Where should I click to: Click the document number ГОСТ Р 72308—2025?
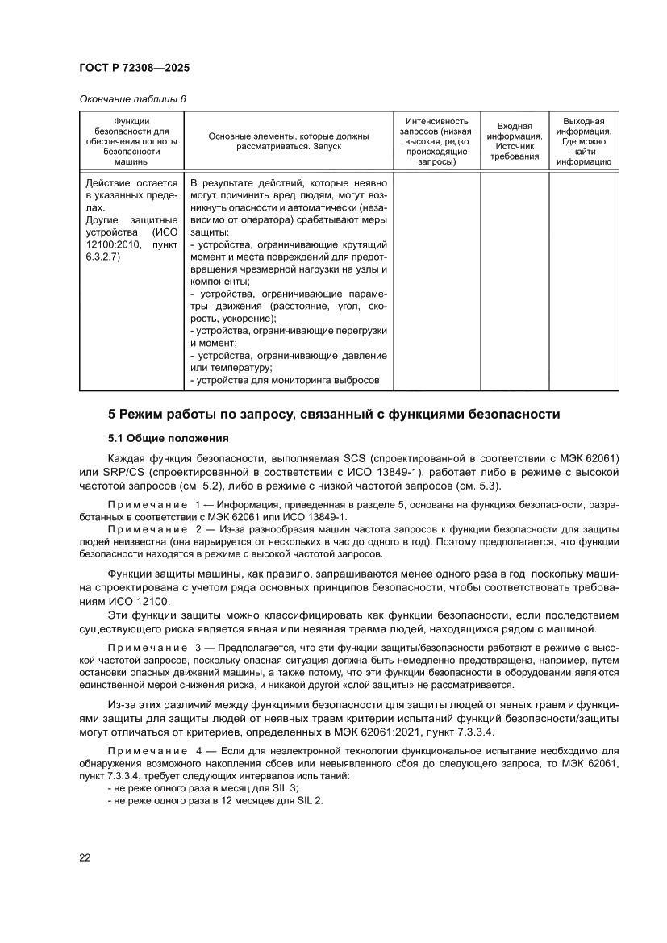coord(134,69)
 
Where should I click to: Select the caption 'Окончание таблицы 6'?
coord(132,99)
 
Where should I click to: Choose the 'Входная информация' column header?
coord(514,141)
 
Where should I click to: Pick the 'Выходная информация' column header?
coord(583,141)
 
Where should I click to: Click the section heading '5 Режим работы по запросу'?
coord(334,415)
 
